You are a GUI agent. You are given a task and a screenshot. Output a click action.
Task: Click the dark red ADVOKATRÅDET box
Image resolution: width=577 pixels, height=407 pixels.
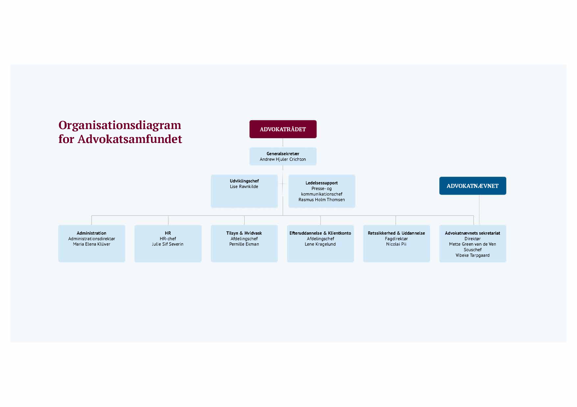point(283,129)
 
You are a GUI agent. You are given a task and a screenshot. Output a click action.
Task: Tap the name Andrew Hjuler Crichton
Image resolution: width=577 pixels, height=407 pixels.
point(283,159)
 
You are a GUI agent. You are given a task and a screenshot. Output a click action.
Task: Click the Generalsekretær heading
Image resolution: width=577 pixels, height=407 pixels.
point(283,154)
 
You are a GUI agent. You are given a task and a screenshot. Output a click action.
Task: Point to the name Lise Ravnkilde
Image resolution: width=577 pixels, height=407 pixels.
point(244,186)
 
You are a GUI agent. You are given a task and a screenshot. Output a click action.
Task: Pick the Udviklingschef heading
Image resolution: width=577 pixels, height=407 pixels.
point(244,181)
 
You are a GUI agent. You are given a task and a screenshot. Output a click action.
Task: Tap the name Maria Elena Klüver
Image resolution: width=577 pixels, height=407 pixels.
point(91,244)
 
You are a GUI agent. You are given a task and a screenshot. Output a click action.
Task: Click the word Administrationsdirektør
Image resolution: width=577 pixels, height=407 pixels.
point(91,239)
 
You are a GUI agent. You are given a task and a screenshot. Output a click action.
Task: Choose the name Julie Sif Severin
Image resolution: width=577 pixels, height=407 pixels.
point(168,244)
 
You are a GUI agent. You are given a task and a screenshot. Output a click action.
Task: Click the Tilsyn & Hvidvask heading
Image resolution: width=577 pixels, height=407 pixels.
point(244,233)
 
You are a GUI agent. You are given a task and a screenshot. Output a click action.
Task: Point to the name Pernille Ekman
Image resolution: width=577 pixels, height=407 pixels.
point(244,244)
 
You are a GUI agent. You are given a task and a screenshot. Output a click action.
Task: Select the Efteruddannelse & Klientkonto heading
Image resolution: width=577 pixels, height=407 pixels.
point(320,233)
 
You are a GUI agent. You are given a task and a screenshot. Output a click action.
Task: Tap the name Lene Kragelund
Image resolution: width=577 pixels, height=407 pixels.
point(320,244)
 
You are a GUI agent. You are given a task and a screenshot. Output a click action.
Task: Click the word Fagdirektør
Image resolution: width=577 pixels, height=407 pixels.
point(396,239)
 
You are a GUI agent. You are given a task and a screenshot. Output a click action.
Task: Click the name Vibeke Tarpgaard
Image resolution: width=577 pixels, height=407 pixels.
point(472,255)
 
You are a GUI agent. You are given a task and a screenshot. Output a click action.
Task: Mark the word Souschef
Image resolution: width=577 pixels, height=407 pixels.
point(472,250)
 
